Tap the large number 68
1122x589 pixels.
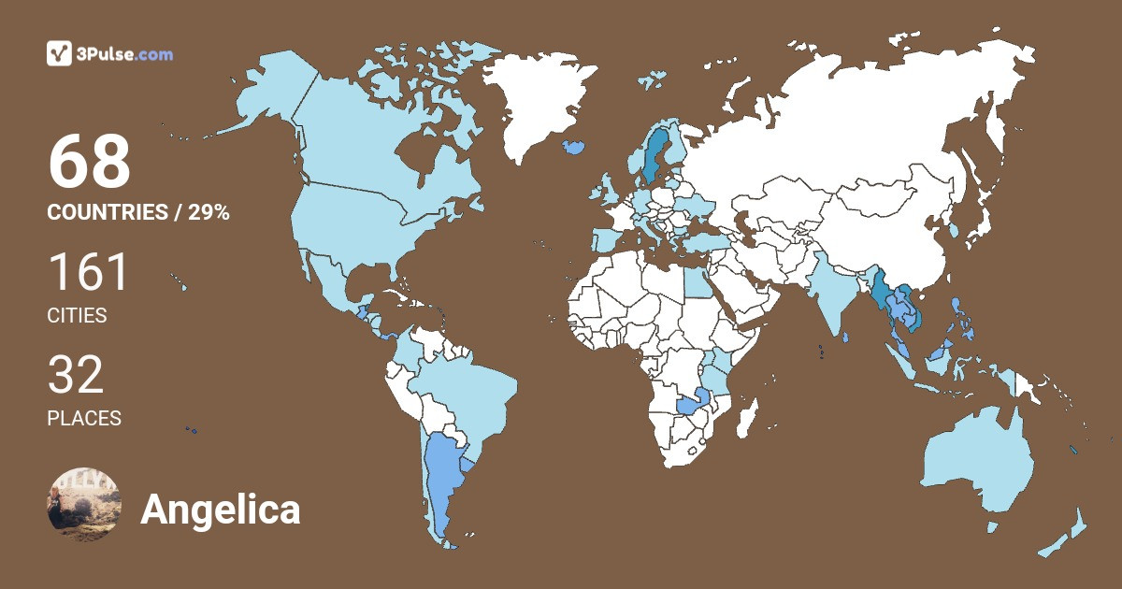tap(90, 163)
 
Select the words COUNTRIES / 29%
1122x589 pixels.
tap(138, 212)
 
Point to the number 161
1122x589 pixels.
tap(89, 272)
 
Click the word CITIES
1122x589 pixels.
tap(77, 316)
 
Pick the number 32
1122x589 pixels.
tap(76, 374)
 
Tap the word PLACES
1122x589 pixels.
tap(84, 418)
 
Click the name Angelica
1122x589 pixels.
tap(221, 510)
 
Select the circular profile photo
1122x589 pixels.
tap(84, 502)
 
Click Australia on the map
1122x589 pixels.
tap(977, 463)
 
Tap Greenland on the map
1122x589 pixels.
tap(547, 103)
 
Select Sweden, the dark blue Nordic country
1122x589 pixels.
tap(654, 154)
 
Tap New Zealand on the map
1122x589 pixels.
tap(1066, 533)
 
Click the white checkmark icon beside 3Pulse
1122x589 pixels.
tap(60, 53)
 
